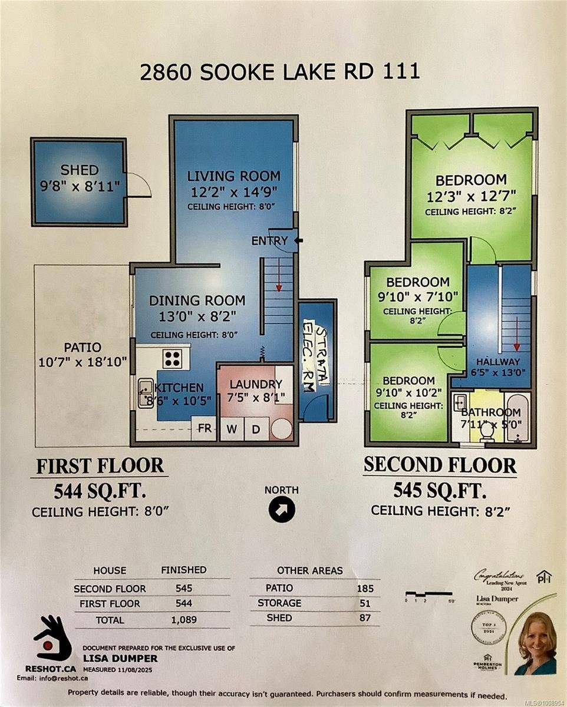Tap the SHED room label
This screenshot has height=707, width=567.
point(80,170)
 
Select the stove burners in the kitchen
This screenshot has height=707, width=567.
point(172,358)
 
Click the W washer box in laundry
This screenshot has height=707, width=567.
point(232,429)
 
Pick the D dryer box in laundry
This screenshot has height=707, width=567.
point(256,429)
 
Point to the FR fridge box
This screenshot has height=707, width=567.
point(205,428)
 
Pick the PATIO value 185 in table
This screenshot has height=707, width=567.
point(365,588)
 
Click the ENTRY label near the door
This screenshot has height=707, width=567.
point(269,241)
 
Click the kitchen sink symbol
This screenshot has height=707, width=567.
point(146,394)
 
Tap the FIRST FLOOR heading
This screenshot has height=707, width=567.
point(100,465)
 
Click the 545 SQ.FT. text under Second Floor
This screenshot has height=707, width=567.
point(440,490)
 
